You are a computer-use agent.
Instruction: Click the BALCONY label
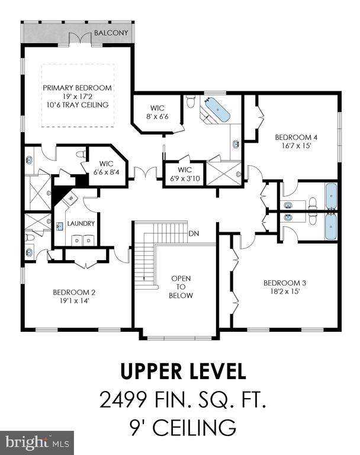click(111, 33)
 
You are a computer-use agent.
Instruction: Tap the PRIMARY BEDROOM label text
click(77, 88)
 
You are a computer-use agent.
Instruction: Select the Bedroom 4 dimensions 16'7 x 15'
click(296, 146)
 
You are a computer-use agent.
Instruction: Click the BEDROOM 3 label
click(285, 283)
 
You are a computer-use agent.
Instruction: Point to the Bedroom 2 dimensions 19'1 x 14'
click(74, 301)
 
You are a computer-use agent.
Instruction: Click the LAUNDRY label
click(81, 223)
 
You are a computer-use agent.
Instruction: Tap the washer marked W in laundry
click(71, 198)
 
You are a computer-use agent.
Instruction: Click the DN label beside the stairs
click(194, 233)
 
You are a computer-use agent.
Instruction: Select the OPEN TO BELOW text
click(181, 287)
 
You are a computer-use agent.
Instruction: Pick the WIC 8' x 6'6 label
click(157, 113)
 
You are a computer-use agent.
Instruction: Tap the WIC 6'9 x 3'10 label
click(185, 174)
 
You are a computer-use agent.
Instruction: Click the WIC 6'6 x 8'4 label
click(106, 168)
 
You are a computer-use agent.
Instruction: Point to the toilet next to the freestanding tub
click(191, 101)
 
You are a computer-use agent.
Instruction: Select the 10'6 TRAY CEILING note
click(78, 105)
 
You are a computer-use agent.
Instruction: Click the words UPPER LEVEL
click(183, 371)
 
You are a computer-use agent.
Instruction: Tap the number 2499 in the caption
click(123, 400)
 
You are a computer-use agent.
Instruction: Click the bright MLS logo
click(37, 443)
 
